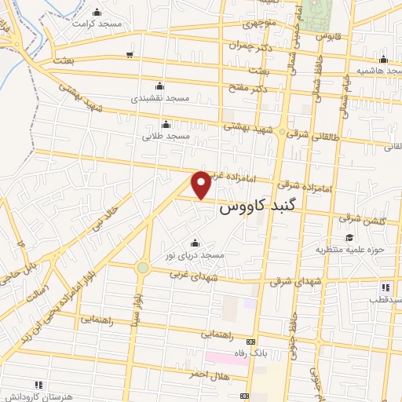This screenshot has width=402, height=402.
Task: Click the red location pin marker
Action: click(203, 185)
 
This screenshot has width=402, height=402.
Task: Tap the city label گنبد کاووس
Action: click(258, 208)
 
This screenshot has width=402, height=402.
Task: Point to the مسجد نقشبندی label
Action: click(159, 99)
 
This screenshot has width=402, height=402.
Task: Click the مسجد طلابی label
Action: click(166, 136)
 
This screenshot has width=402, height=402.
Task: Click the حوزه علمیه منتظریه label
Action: click(346, 250)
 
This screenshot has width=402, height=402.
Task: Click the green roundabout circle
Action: click(142, 268)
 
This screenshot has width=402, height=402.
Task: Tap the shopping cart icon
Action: click(130, 54)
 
